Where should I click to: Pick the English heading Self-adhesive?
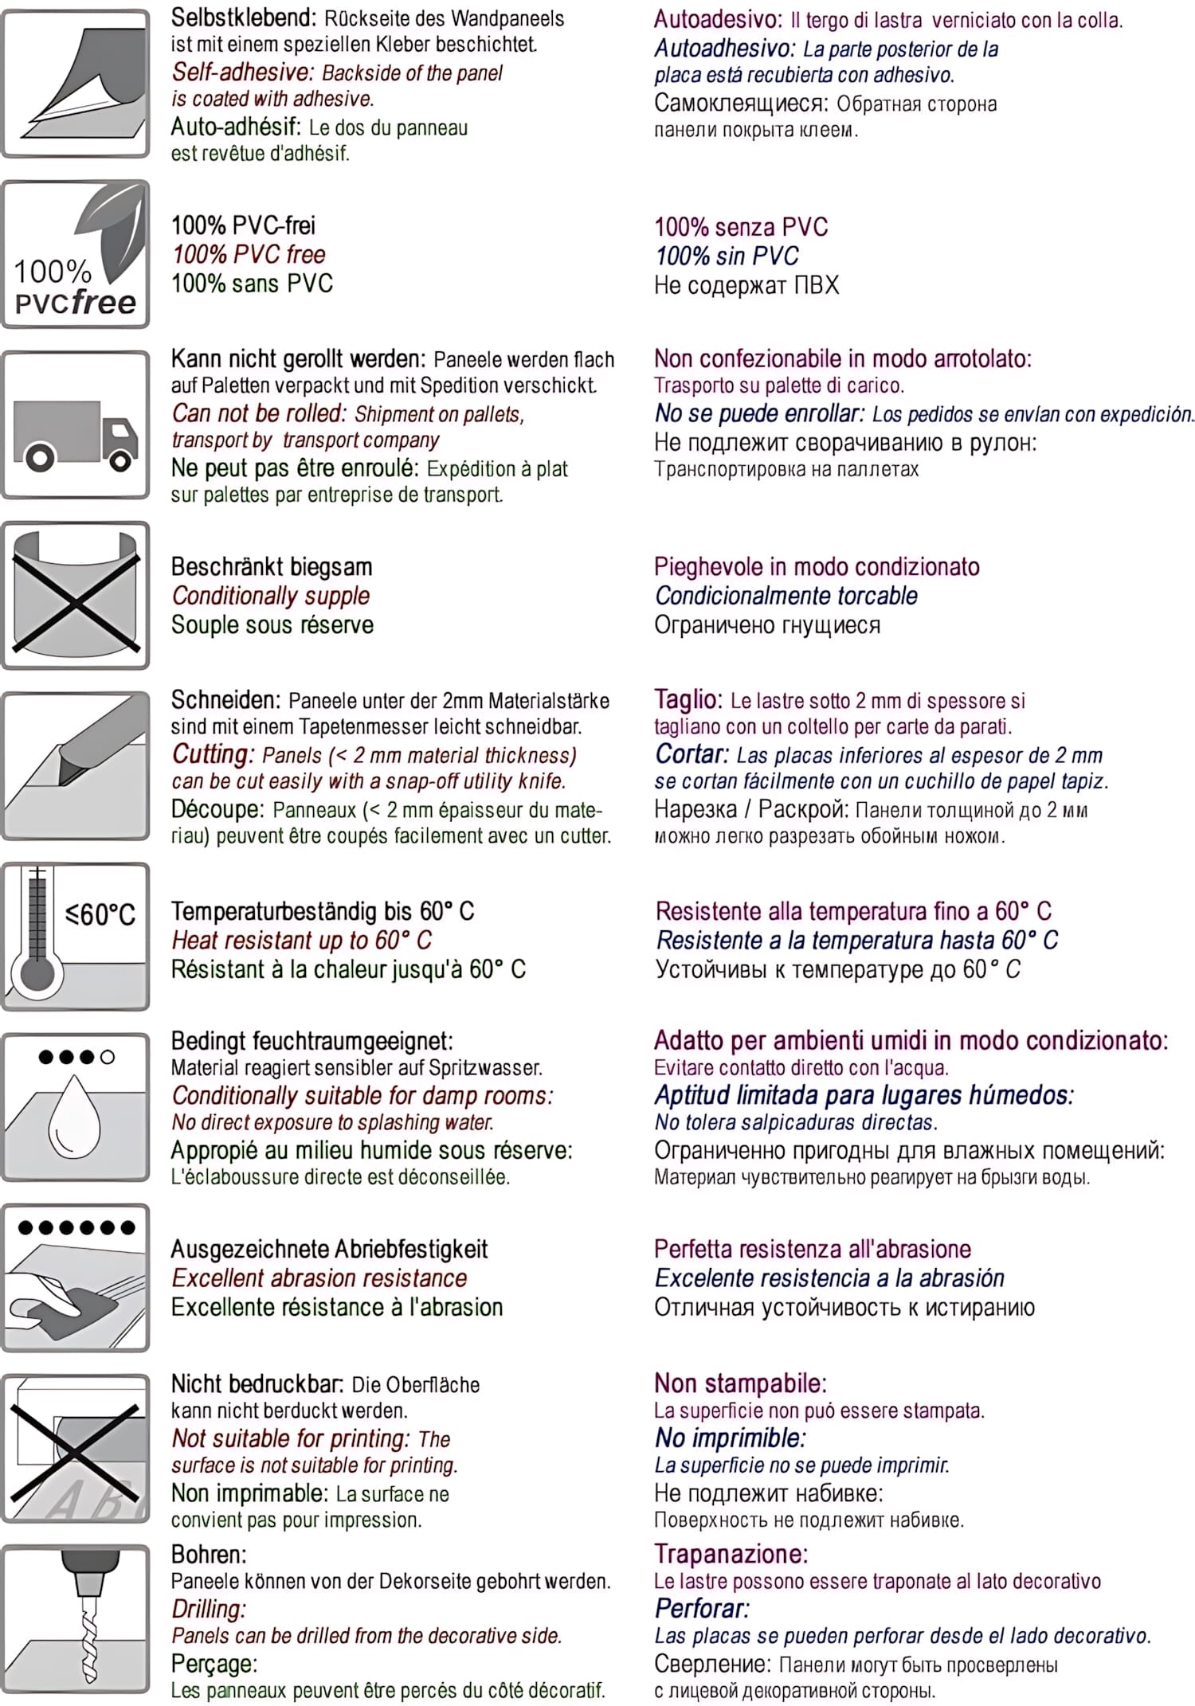243,72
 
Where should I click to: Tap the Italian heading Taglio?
688,699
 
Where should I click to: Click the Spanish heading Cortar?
692,753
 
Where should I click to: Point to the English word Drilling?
209,1609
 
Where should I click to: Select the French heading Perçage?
214,1663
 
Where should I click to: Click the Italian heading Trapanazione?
731,1554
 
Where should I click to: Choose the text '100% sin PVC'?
726,256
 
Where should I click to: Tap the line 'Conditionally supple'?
271,596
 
